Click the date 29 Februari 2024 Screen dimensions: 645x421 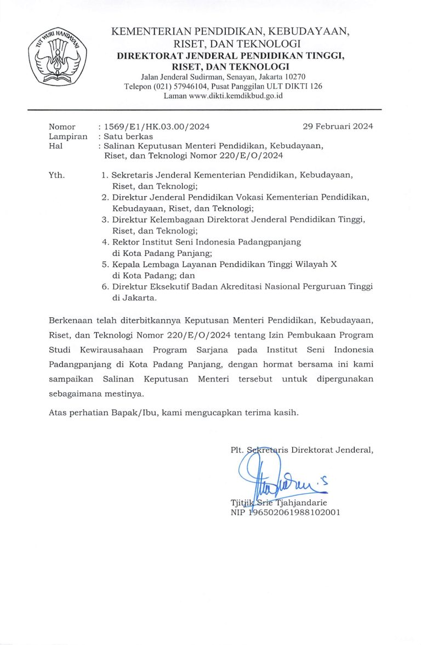pyautogui.click(x=338, y=127)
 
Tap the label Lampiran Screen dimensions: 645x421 pyautogui.click(x=68, y=136)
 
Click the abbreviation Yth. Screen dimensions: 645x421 pyautogui.click(x=56, y=175)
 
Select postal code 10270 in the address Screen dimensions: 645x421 pyautogui.click(x=294, y=77)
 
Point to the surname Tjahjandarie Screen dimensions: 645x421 pyautogui.click(x=304, y=503)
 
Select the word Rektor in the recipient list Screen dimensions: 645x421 pyautogui.click(x=126, y=242)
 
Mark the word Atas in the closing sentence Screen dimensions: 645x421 pyautogui.click(x=58, y=413)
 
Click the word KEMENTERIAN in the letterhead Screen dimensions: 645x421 pyautogui.click(x=145, y=32)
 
